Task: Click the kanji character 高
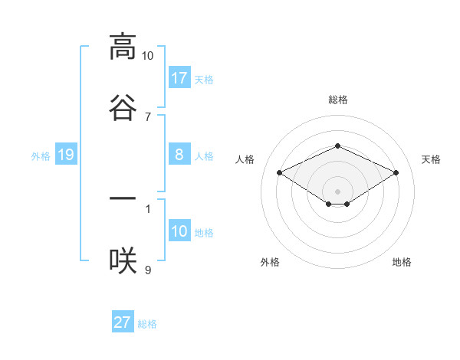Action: pyautogui.click(x=123, y=47)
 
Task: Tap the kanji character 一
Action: pyautogui.click(x=123, y=198)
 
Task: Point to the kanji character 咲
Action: pyautogui.click(x=123, y=260)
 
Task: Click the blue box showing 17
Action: pyautogui.click(x=179, y=77)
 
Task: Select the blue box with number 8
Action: pyautogui.click(x=179, y=155)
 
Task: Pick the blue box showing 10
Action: pyautogui.click(x=179, y=231)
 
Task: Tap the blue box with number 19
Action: pyautogui.click(x=66, y=155)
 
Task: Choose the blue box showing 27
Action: pyautogui.click(x=123, y=322)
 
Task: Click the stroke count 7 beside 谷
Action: pyautogui.click(x=148, y=117)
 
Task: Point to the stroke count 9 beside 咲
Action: pyautogui.click(x=148, y=270)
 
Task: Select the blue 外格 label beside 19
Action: pyautogui.click(x=41, y=155)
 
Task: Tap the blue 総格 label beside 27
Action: pyautogui.click(x=147, y=324)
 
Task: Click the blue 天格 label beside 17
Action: pyautogui.click(x=204, y=79)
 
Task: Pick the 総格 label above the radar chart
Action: pyautogui.click(x=337, y=100)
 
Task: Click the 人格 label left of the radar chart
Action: pyautogui.click(x=245, y=159)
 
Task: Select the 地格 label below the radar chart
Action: pyautogui.click(x=402, y=262)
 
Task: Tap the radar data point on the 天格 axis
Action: pyautogui.click(x=396, y=172)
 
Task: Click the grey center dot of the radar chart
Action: pyautogui.click(x=337, y=191)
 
